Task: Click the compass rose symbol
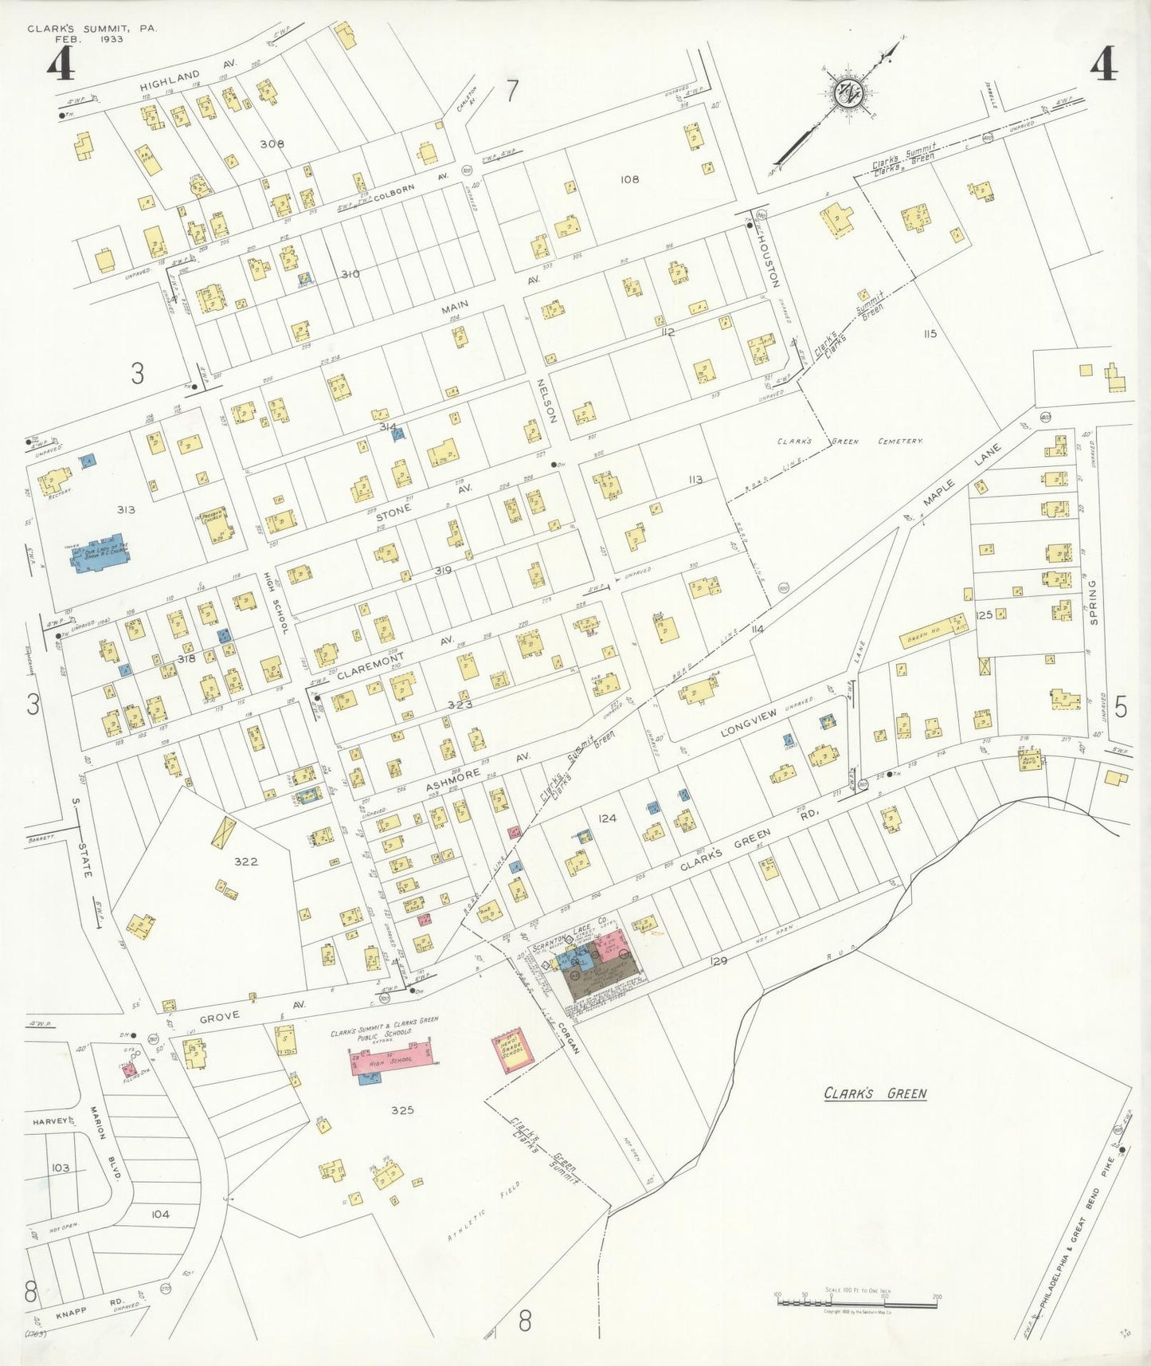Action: pos(848,93)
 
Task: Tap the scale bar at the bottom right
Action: pos(856,1304)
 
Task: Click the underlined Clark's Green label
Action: pos(875,1093)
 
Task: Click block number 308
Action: pos(272,144)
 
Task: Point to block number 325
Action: pos(402,1109)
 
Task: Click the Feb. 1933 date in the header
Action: pos(88,39)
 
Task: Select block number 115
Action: pos(930,333)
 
